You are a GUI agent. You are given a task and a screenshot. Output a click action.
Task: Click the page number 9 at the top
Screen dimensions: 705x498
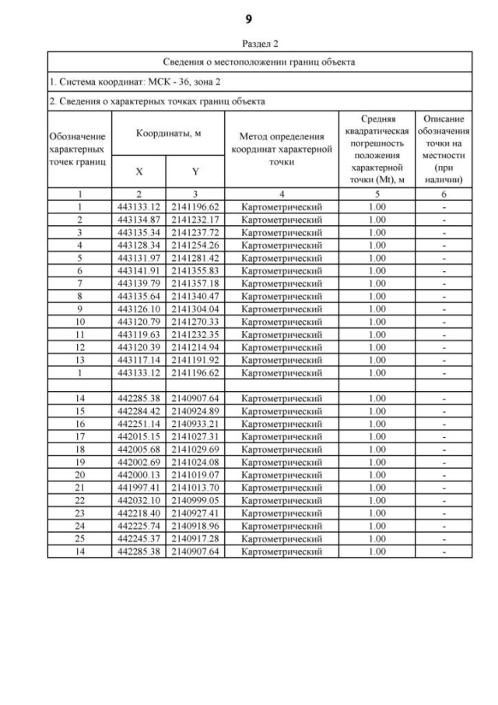tap(248, 18)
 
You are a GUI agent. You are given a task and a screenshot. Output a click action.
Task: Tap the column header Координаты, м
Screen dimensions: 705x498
tap(169, 133)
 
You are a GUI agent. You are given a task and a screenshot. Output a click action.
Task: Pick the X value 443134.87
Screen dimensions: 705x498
tap(139, 220)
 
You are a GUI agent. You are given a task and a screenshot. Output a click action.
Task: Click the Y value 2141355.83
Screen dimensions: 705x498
tap(195, 270)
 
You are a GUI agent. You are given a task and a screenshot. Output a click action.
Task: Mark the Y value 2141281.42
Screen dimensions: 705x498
tap(195, 258)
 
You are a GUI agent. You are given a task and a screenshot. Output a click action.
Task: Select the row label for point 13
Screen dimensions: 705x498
tap(79, 360)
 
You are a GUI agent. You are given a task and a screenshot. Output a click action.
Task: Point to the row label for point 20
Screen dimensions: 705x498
tap(79, 474)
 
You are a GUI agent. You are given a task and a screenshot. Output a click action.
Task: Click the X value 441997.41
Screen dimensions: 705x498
tap(139, 487)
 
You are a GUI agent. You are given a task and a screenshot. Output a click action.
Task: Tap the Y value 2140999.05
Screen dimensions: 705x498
tap(195, 500)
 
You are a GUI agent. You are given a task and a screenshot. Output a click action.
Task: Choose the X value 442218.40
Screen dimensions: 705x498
tap(139, 513)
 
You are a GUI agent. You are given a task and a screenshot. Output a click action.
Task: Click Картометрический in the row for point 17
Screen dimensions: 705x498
tap(282, 436)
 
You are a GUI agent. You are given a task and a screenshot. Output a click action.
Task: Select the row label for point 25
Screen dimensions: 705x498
tap(79, 538)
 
